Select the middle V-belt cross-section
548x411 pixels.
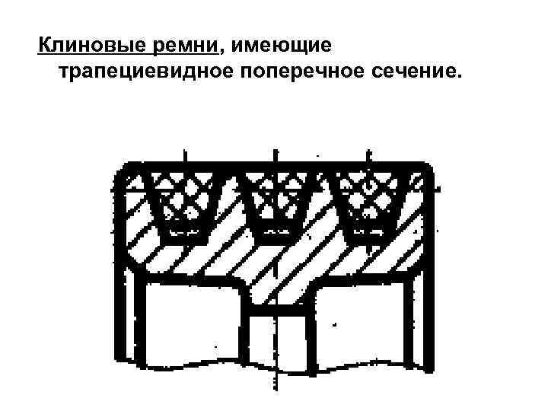pyautogui.click(x=272, y=199)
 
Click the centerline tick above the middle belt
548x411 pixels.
pyautogui.click(x=272, y=155)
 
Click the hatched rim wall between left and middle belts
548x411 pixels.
pyautogui.click(x=225, y=228)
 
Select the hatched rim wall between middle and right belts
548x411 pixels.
pyautogui.click(x=320, y=228)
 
